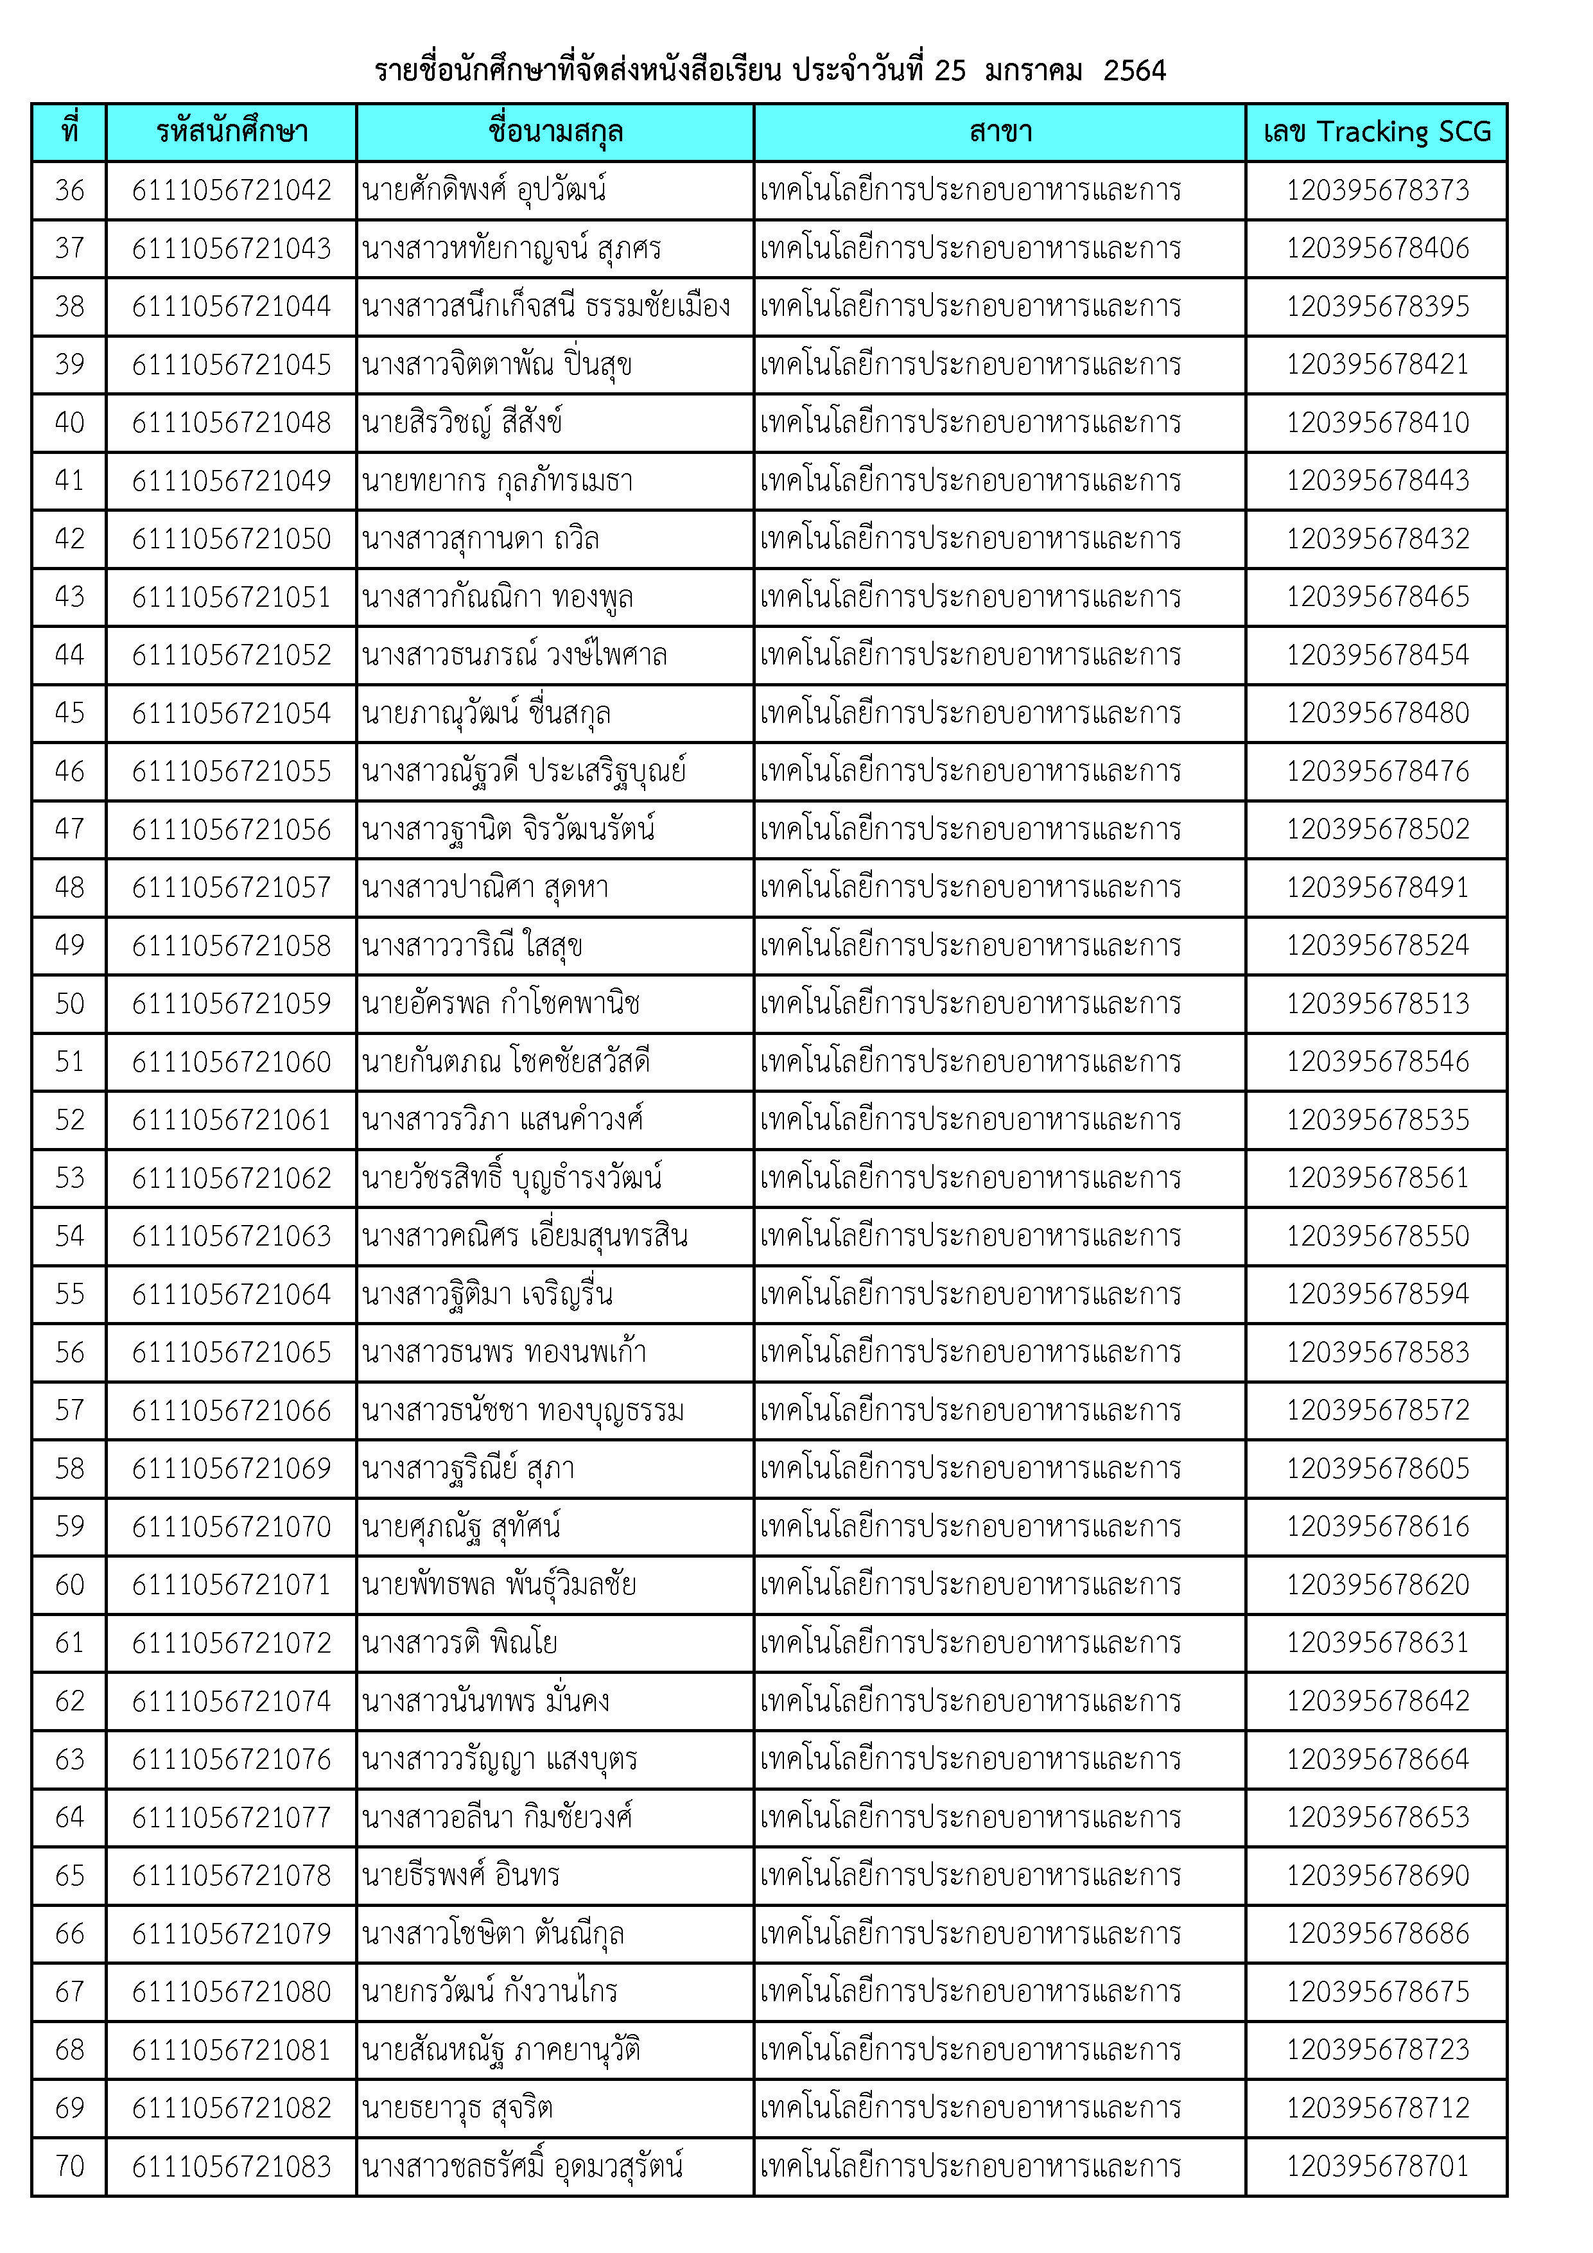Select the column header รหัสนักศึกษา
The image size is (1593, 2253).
coord(232,132)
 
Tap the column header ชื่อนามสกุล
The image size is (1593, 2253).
coord(555,132)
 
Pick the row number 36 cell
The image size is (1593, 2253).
coord(70,190)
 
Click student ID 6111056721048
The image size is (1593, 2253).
coord(232,423)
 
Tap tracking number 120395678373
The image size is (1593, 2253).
coord(1377,190)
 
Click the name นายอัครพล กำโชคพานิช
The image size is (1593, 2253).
coord(501,1004)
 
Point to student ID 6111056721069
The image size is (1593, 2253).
coord(232,1469)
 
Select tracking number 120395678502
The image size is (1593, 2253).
coord(1377,829)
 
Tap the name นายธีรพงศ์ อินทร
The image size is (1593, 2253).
coord(460,1875)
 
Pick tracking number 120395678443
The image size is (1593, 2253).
coord(1377,481)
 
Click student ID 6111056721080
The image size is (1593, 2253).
coord(232,1992)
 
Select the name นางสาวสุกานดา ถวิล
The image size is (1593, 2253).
coord(480,539)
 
